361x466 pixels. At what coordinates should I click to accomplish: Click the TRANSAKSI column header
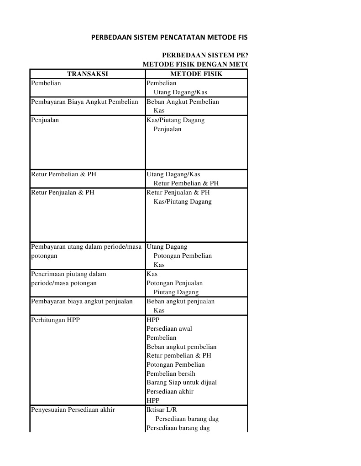88,74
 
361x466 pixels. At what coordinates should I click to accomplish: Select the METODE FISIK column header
196,74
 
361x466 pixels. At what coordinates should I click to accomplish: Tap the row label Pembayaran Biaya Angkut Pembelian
84,102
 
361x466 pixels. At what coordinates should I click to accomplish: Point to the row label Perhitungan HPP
55,320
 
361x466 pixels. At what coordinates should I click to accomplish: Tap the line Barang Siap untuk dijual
182,382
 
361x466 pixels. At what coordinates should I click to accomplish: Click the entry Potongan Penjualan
174,283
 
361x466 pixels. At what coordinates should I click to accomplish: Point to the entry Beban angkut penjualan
180,301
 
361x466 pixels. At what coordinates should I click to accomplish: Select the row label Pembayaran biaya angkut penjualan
82,301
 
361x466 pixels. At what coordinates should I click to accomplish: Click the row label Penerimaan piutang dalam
68,274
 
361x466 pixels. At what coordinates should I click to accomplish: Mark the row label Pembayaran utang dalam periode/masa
86,246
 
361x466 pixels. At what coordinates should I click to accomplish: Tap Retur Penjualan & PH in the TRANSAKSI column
63,192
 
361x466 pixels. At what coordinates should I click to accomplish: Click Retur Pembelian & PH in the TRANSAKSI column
63,174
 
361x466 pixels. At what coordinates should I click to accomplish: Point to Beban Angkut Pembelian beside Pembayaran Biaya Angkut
183,102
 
